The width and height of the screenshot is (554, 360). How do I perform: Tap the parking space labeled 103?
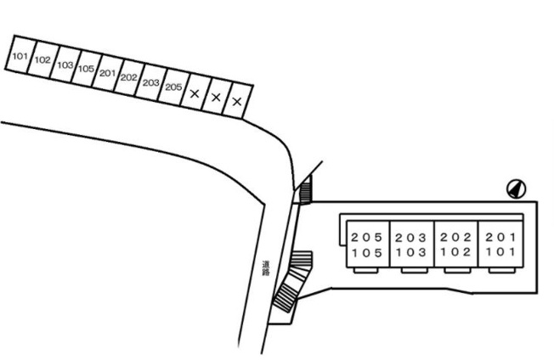pos(65,64)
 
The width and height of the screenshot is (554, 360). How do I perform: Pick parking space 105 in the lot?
pos(86,68)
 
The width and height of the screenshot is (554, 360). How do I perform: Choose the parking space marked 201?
pos(107,73)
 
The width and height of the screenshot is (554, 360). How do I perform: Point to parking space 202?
pos(128,77)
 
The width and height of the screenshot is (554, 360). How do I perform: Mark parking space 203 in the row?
pos(150,82)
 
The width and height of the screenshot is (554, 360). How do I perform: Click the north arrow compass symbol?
pos(517,188)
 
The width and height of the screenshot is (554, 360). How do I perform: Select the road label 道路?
pos(266,268)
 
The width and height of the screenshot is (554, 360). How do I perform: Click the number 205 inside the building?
pos(367,237)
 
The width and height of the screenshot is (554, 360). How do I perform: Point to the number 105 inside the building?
pos(367,253)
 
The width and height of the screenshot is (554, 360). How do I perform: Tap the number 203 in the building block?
pos(411,238)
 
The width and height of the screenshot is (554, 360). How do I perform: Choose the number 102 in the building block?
pos(455,252)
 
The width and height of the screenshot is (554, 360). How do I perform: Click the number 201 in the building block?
pos(500,237)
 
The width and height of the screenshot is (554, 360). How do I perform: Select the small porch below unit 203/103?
pos(415,270)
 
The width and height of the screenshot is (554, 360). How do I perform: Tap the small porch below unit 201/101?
pos(502,270)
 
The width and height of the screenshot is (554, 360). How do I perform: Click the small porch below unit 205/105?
pos(366,270)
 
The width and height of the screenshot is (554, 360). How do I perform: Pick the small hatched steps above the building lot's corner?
pos(305,190)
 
